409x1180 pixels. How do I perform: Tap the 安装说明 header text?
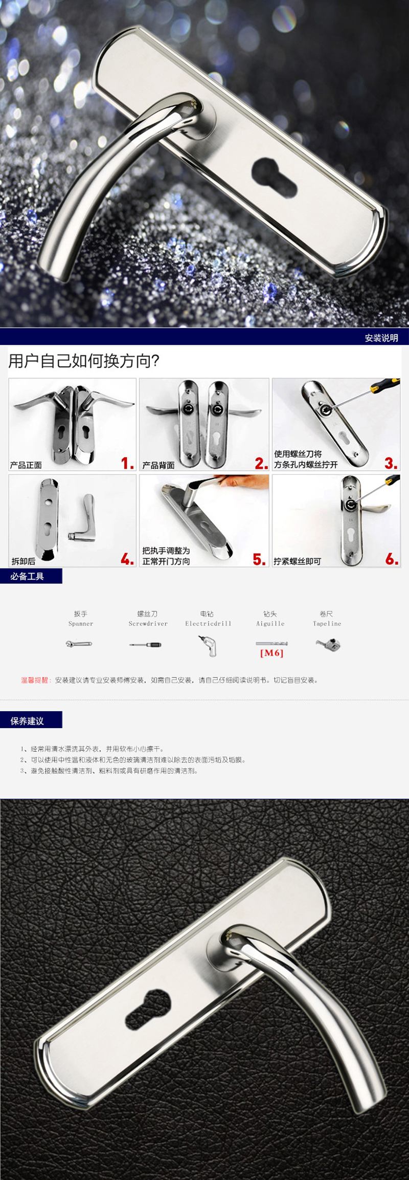point(381,338)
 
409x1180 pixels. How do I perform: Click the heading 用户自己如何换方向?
point(84,361)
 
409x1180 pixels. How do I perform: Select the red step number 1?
point(127,463)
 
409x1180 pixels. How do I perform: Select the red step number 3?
point(391,463)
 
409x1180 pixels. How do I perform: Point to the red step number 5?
point(259,559)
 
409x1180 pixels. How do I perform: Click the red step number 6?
point(391,559)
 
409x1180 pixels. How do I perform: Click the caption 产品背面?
point(158,465)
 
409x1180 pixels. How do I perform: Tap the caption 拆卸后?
point(24,561)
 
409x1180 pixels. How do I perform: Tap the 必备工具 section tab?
point(28,576)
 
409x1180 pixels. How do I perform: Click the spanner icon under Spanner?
point(79,644)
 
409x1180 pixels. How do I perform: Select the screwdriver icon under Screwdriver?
point(145,645)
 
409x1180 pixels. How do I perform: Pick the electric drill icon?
point(208,645)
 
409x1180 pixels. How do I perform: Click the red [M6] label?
point(271,653)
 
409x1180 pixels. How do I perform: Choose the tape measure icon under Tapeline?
point(328,644)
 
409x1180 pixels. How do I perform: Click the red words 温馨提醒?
point(35,680)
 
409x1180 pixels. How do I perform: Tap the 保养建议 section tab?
point(28,721)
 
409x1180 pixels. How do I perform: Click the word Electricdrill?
point(208,624)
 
